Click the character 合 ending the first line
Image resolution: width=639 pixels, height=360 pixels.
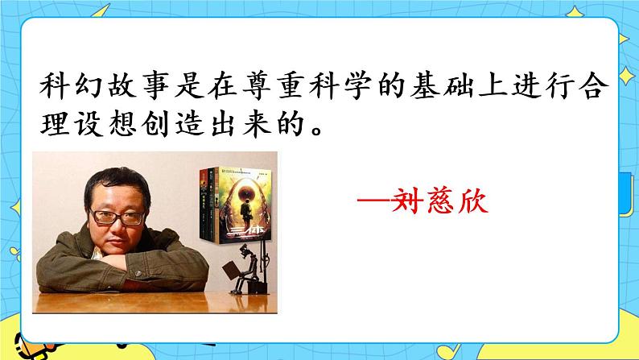pyautogui.click(x=604, y=85)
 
